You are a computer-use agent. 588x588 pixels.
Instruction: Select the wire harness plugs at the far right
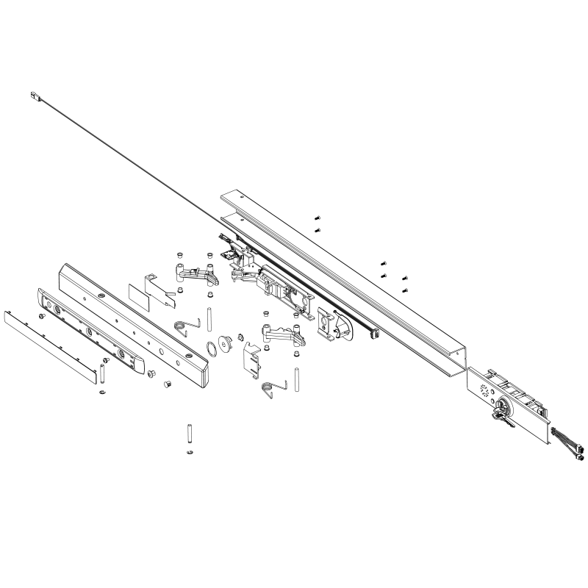(x=577, y=449)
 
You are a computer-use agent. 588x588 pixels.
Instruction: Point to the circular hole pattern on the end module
(x=484, y=390)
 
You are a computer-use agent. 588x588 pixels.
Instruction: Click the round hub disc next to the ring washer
(x=227, y=343)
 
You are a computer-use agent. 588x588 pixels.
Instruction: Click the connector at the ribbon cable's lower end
(x=372, y=335)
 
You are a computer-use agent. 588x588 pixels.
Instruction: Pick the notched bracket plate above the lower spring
(x=252, y=359)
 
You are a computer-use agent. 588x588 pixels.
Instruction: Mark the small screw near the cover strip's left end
(x=42, y=315)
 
